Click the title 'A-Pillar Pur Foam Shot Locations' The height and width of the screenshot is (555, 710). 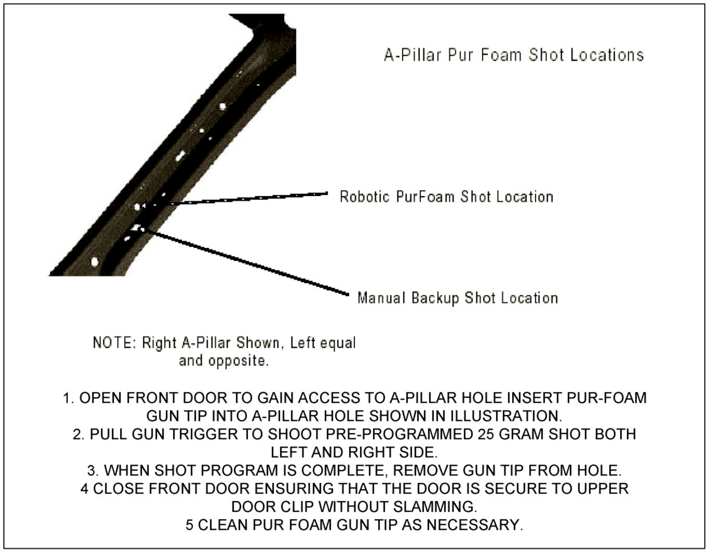point(514,55)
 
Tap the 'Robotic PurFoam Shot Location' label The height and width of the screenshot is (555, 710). point(447,197)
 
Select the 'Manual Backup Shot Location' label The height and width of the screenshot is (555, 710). point(458,298)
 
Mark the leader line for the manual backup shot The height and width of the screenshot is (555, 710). point(247,262)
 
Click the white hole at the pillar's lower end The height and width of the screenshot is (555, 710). point(95,261)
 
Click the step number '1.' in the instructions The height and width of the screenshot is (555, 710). point(69,398)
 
